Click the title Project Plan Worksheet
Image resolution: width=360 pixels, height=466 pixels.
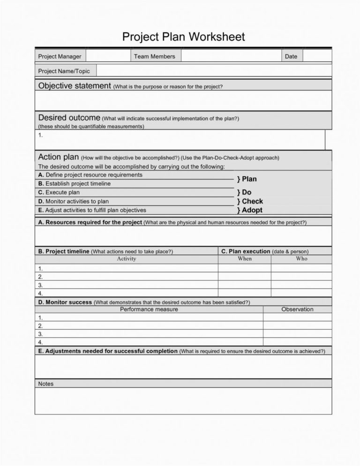[183, 37]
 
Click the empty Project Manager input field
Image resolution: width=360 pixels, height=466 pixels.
[108, 56]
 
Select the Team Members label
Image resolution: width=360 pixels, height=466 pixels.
[154, 56]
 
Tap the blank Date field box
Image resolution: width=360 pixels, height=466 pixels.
[317, 56]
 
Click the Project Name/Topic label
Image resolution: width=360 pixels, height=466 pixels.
[64, 71]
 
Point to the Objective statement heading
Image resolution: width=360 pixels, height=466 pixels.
[75, 86]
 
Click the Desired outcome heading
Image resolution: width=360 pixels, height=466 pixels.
[69, 117]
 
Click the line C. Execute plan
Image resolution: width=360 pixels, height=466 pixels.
[59, 192]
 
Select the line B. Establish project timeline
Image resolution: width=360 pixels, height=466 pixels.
[75, 183]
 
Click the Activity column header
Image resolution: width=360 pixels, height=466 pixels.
[127, 258]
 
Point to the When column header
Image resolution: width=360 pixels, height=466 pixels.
[244, 258]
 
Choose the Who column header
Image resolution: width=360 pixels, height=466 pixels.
[301, 258]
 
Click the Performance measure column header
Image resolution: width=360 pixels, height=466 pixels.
[149, 309]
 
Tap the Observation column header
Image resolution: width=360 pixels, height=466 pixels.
[297, 309]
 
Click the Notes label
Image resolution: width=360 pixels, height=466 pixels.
[46, 383]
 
